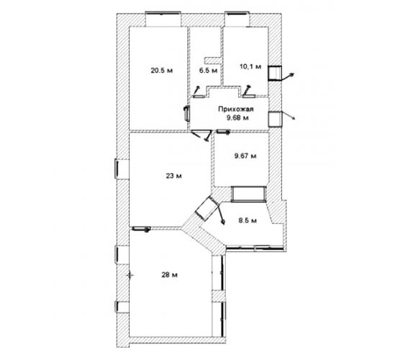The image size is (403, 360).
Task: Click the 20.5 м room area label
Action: (x=162, y=71)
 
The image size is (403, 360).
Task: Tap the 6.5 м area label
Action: (x=208, y=71)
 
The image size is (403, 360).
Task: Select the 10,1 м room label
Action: (x=250, y=66)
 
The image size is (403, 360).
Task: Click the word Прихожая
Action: (x=236, y=109)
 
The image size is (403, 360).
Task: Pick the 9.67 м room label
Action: (x=245, y=156)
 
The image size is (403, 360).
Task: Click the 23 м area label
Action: (x=173, y=176)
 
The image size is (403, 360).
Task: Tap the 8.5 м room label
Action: (x=248, y=220)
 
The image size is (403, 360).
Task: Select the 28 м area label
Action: (x=169, y=275)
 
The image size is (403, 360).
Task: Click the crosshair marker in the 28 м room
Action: (x=130, y=275)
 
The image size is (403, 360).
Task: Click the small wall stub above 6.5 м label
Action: (x=212, y=60)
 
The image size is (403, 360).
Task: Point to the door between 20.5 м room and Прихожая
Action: (x=186, y=113)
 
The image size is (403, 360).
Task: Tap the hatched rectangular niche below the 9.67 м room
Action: (x=248, y=194)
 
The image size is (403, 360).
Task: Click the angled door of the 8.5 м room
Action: (x=207, y=208)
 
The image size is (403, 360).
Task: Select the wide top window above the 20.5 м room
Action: (x=163, y=13)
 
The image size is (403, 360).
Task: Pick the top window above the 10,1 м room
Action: (x=237, y=13)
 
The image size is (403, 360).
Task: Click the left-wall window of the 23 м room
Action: (x=116, y=168)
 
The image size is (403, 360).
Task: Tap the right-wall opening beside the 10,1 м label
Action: (x=275, y=73)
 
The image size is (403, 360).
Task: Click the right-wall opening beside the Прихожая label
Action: (x=275, y=119)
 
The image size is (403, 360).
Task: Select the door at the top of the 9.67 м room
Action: (x=223, y=132)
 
